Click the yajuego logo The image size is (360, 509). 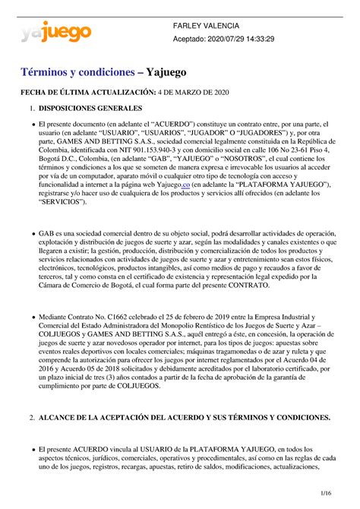coord(56,32)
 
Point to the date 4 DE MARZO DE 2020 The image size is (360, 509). coord(193,92)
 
